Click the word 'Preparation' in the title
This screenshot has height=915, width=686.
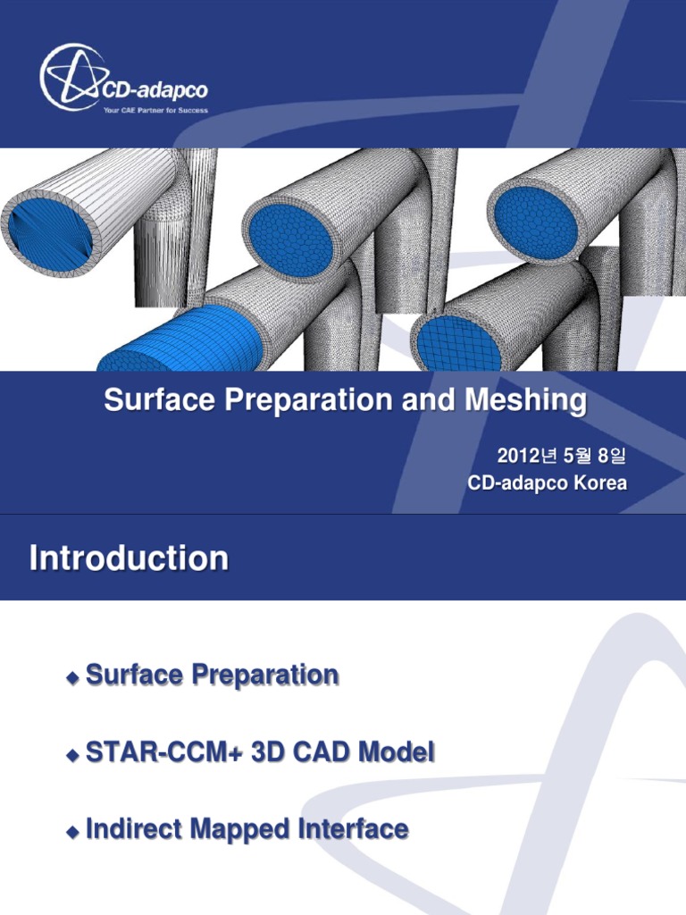click(306, 401)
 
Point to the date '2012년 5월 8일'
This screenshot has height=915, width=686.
click(562, 457)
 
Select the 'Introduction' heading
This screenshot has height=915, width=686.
click(129, 559)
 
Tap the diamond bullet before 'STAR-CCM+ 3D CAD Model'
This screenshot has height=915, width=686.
click(73, 756)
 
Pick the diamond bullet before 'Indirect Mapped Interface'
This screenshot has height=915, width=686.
click(73, 833)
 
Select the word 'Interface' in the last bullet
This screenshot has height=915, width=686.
click(355, 830)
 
